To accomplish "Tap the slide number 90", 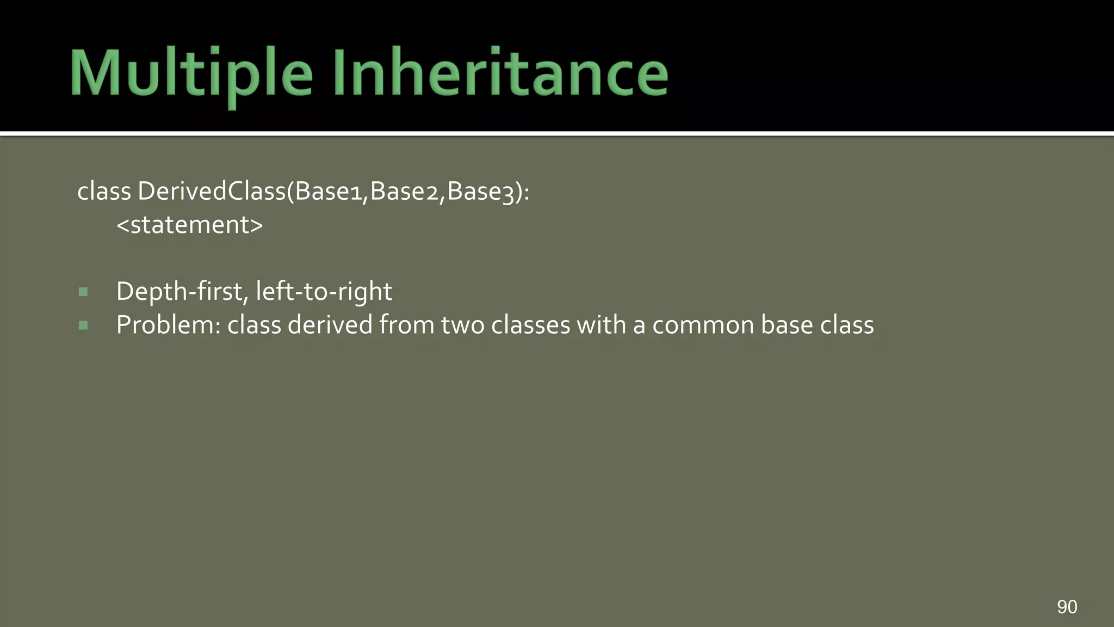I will click(1067, 606).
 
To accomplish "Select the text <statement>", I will click(189, 225).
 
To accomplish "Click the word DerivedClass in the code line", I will click(212, 191).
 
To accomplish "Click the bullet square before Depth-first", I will click(83, 292).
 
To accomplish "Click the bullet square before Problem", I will click(83, 325).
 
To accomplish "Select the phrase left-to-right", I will click(324, 292).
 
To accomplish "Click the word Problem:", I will click(168, 325).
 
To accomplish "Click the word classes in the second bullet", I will click(530, 325).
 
